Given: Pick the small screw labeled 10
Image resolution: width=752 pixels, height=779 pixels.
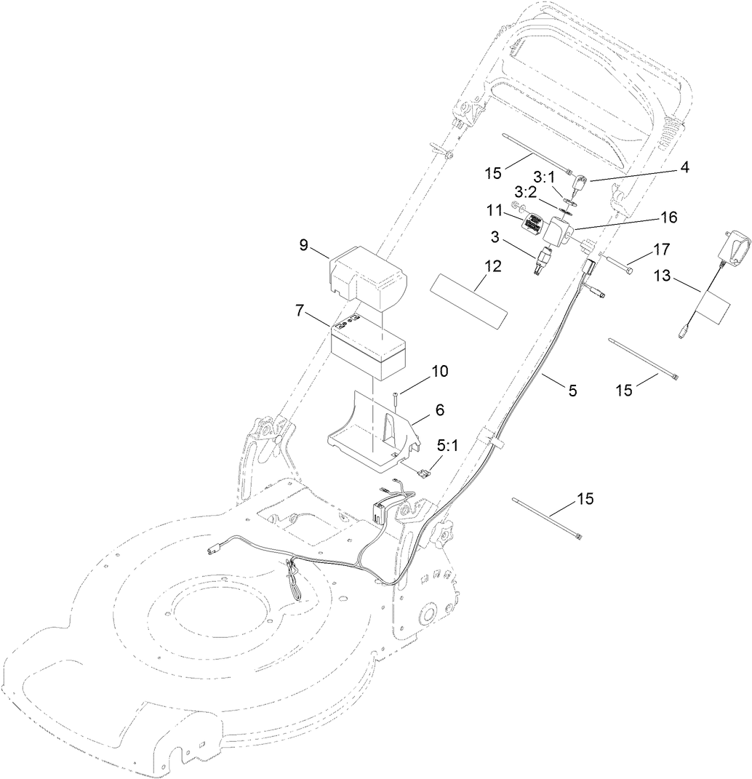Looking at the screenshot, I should [394, 398].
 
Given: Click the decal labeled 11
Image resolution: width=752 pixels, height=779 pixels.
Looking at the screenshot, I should [535, 226].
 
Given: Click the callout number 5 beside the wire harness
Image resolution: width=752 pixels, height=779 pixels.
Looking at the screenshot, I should [572, 391].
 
